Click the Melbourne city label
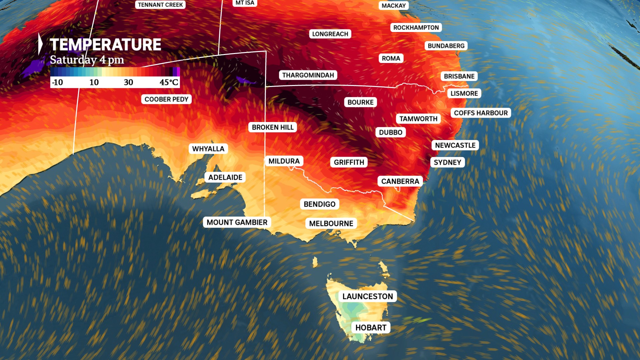tap(331, 223)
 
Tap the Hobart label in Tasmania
tap(371, 328)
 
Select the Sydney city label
tap(447, 162)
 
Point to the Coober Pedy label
tap(166, 99)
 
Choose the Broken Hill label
tap(273, 127)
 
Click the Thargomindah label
tap(308, 75)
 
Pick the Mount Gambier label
tap(237, 222)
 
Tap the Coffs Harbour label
tap(481, 113)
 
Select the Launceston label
tap(368, 296)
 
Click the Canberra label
tap(400, 181)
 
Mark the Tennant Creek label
tap(160, 5)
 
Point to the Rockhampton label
tap(416, 28)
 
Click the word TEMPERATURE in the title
tap(105, 45)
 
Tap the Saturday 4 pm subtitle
tap(87, 60)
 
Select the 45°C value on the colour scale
tap(169, 82)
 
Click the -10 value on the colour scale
tap(57, 82)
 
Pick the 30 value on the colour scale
tap(128, 82)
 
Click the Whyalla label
tap(208, 149)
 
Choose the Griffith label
tap(349, 162)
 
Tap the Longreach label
tap(330, 34)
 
